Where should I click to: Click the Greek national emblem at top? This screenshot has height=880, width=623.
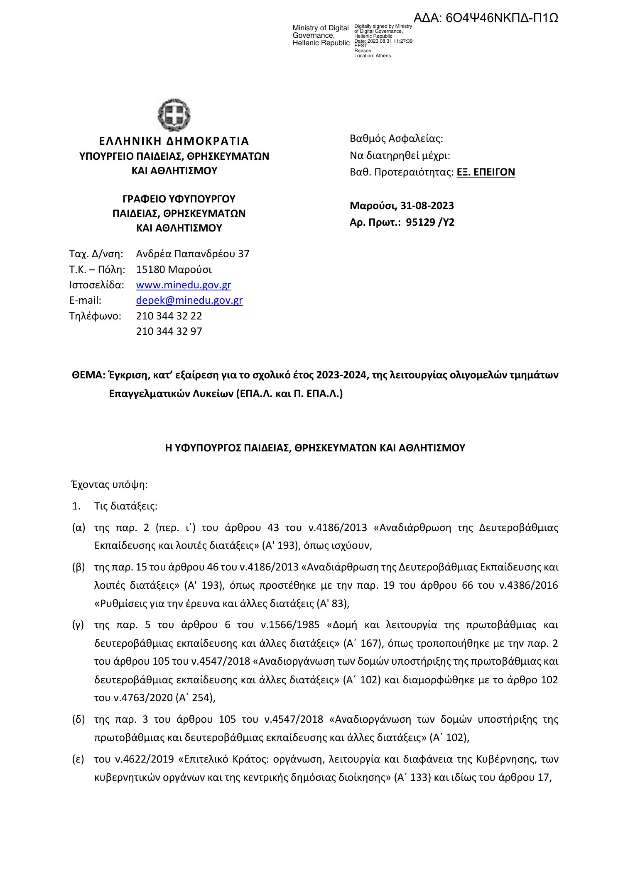174,115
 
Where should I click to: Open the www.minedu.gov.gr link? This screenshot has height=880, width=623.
183,285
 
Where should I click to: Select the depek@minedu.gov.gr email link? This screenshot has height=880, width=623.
189,300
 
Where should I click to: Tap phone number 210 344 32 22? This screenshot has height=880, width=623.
169,316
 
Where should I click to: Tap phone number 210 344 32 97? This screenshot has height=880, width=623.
169,332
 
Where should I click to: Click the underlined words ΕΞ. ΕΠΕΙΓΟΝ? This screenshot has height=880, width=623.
486,172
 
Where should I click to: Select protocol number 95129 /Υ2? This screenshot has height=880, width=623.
430,222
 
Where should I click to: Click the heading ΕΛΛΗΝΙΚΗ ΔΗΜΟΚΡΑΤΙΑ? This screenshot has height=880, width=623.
174,141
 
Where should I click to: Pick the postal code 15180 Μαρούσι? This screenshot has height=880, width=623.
174,270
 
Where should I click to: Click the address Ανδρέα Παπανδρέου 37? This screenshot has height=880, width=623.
193,254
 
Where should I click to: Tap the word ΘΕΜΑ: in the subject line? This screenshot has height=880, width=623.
88,375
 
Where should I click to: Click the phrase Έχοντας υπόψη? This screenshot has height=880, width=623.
110,485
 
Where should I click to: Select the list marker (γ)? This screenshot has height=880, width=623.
78,625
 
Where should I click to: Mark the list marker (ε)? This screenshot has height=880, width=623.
78,759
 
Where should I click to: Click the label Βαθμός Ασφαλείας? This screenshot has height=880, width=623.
396,139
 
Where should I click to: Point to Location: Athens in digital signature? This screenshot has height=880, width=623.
372,56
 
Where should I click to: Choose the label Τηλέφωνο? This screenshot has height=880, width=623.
95,316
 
